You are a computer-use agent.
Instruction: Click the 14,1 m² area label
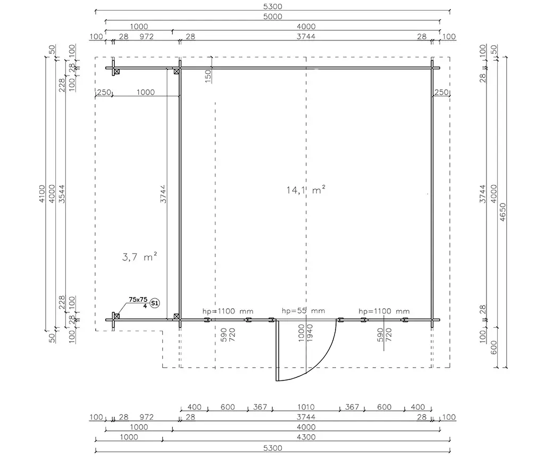tap(305, 190)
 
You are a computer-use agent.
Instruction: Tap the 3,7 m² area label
tap(139, 257)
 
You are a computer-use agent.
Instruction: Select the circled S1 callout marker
tap(155, 303)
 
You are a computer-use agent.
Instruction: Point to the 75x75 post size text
tap(138, 300)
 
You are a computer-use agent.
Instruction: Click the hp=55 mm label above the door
tap(303, 311)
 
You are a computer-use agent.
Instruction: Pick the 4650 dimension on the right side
tap(503, 212)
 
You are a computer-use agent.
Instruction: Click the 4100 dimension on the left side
tap(42, 194)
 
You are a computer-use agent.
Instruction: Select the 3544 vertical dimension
tap(62, 194)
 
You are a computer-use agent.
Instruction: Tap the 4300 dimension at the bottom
tap(306, 437)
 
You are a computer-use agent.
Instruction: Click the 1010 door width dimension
tap(306, 407)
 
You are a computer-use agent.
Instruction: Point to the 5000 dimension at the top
tap(273, 16)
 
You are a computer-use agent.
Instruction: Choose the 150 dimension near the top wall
tap(208, 77)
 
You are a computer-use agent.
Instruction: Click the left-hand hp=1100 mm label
tap(228, 311)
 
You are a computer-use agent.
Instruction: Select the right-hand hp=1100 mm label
tap(384, 311)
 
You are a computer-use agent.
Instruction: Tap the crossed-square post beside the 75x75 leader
tap(117, 316)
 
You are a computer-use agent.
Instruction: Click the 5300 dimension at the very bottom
tap(273, 448)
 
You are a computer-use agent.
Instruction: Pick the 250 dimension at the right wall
tap(441, 92)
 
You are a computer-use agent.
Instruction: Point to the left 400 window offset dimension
tap(194, 407)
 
